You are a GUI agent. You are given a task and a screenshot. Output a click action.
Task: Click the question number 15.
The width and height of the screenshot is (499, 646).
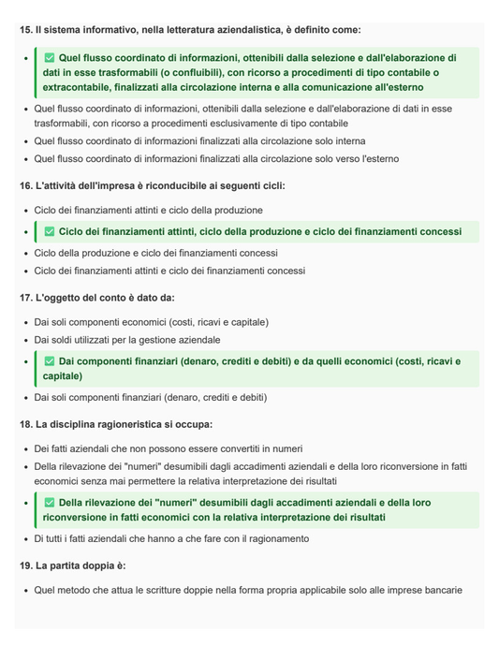pyautogui.click(x=25, y=30)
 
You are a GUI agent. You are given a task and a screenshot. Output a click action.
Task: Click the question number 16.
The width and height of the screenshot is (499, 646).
pyautogui.click(x=25, y=185)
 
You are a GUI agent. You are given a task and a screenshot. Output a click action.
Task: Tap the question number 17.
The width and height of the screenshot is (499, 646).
pyautogui.click(x=25, y=298)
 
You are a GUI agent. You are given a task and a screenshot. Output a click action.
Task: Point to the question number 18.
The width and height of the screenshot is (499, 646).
pyautogui.click(x=25, y=424)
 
